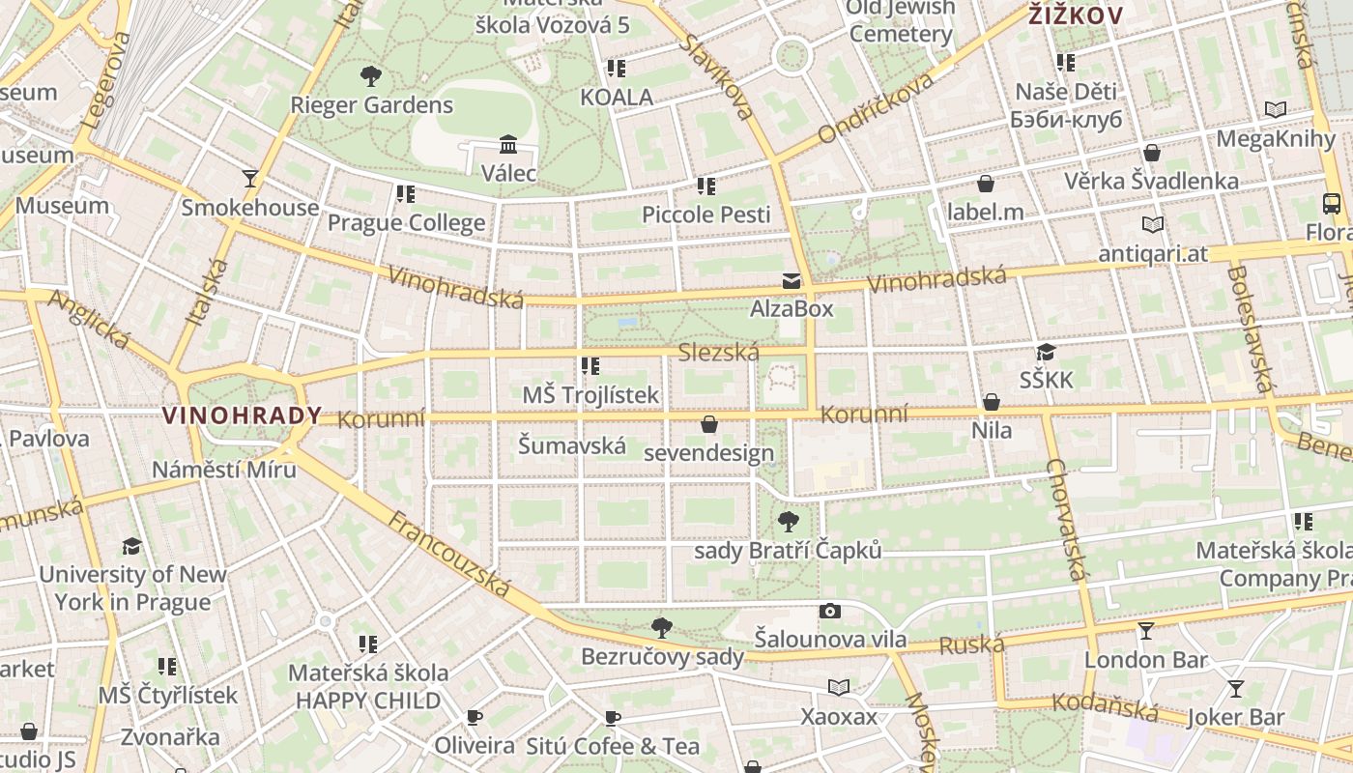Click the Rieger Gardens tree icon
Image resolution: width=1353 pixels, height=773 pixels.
click(370, 76)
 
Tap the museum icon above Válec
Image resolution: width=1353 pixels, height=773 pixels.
click(508, 145)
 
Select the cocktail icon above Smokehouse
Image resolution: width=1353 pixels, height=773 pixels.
click(250, 178)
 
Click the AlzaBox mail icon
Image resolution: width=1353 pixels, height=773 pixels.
click(792, 281)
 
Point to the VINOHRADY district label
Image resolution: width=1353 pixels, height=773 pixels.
click(242, 415)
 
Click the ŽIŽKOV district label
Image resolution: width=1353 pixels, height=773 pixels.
click(1075, 15)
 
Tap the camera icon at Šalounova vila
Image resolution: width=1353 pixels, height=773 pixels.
click(829, 611)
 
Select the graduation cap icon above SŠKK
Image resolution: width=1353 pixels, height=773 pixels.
click(1046, 352)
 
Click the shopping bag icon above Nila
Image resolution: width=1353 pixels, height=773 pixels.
click(992, 402)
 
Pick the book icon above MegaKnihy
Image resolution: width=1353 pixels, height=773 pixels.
click(1276, 110)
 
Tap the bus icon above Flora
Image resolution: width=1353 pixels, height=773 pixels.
click(1332, 204)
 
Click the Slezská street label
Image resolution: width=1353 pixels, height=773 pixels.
click(718, 353)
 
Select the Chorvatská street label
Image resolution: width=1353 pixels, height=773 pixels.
click(1067, 519)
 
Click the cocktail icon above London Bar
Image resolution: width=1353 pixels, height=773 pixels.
click(1146, 631)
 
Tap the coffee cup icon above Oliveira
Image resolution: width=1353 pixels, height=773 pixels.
click(474, 717)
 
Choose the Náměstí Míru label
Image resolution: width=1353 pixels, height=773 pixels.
click(224, 470)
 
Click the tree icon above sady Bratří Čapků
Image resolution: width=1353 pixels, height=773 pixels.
click(789, 522)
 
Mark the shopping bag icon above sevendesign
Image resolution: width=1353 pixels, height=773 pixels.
click(709, 424)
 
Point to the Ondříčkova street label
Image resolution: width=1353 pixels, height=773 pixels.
click(876, 107)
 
